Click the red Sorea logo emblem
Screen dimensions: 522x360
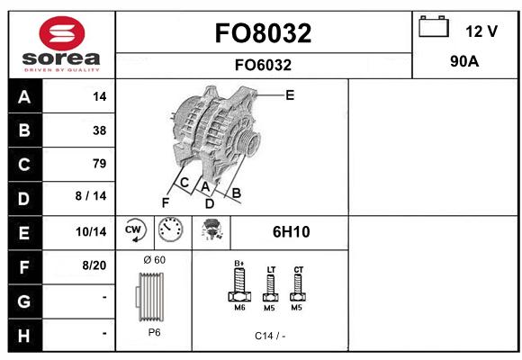[62, 33]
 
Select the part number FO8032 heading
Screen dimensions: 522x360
[263, 33]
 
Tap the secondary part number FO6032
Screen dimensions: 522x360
[263, 65]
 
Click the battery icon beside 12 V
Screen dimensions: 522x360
[434, 26]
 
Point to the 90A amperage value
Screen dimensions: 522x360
[464, 61]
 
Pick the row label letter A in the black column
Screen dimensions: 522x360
[24, 97]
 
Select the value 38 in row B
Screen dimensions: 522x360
[100, 130]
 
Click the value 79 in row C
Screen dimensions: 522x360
[100, 164]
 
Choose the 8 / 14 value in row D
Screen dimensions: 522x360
[91, 196]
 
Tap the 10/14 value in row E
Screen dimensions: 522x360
[91, 231]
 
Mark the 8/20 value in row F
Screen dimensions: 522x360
[94, 265]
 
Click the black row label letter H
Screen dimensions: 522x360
[24, 336]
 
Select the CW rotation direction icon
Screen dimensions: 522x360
[134, 229]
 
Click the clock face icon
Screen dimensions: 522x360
[170, 229]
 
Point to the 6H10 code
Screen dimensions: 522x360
[291, 232]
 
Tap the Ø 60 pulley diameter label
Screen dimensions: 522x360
[154, 260]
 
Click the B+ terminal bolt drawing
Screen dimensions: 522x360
[239, 283]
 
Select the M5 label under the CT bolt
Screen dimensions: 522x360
[296, 308]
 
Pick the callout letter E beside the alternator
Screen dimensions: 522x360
[290, 95]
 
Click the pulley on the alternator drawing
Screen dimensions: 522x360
[249, 142]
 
